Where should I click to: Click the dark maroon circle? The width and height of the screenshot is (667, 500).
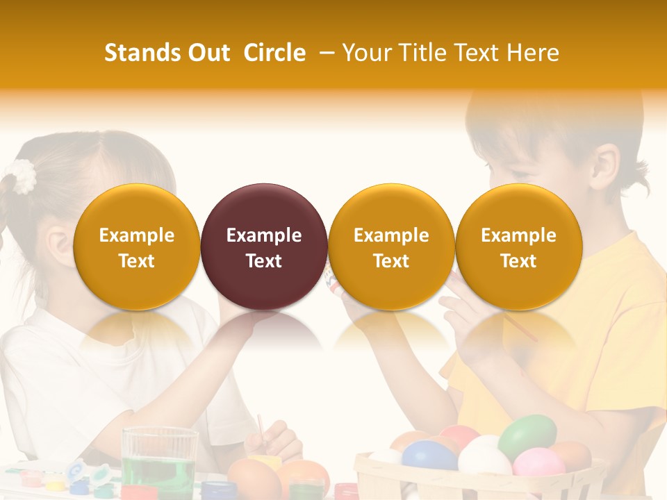coord(264,247)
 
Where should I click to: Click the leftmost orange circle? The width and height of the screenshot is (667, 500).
coord(137,247)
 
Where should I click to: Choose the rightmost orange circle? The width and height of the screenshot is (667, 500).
coord(518,247)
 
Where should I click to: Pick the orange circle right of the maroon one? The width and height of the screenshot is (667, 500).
coord(391,247)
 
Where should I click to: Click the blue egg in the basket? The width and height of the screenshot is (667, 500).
coord(429,456)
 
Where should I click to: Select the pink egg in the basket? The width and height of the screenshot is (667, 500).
coord(538,462)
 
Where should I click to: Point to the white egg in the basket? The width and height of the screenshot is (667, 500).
coord(484,458)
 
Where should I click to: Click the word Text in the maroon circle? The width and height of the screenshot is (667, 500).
coord(264,261)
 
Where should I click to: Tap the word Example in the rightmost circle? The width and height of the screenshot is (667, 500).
coord(518,235)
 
